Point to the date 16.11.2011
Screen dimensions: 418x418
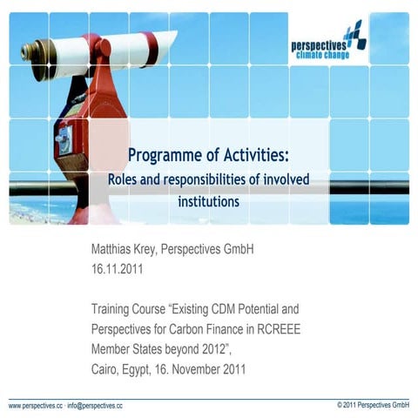tap(118, 269)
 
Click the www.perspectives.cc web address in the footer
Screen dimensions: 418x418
tap(36, 406)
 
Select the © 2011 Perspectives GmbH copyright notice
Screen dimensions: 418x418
tap(372, 406)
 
